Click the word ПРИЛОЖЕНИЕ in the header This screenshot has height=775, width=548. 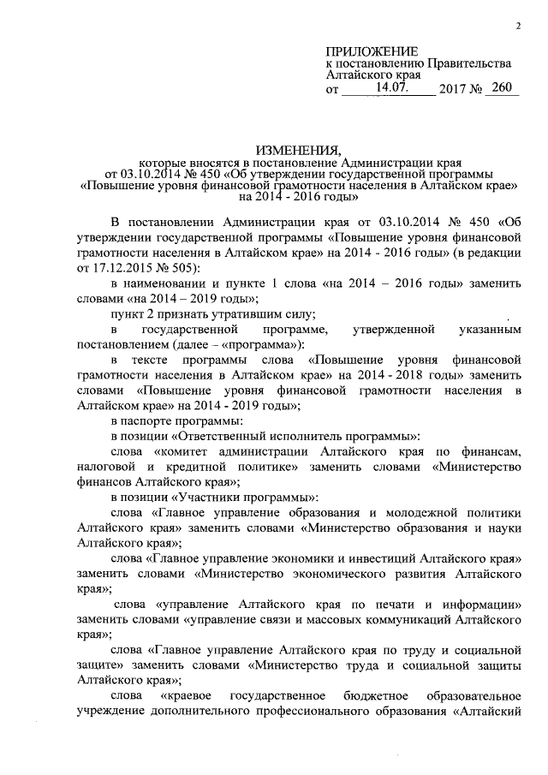click(x=373, y=52)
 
